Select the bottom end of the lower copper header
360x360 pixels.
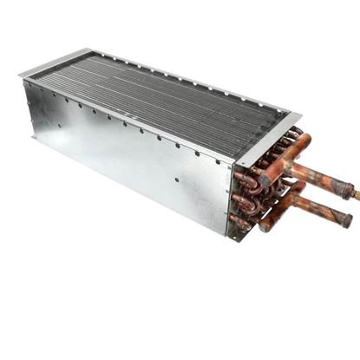[x=260, y=227]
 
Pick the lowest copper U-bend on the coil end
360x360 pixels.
[x=241, y=223]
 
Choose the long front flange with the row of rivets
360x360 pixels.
[x=130, y=113]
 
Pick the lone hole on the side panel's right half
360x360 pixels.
[x=177, y=181]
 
